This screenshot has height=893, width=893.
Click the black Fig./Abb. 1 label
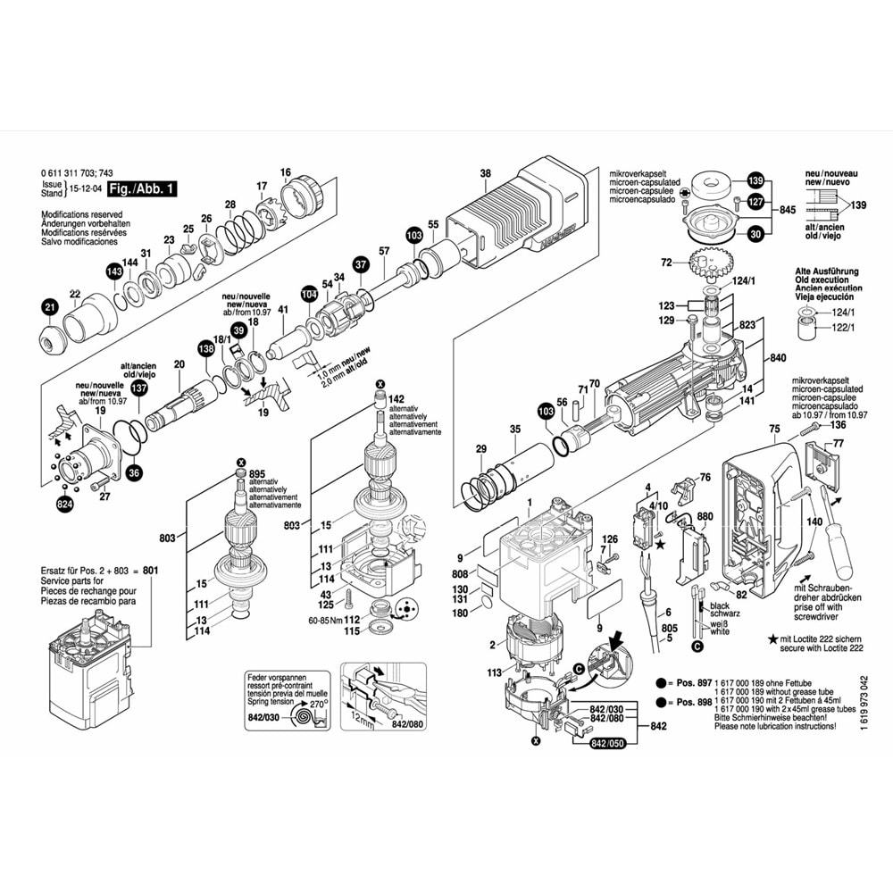pos(140,188)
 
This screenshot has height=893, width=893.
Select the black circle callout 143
pos(114,271)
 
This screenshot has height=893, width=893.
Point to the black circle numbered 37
pos(360,264)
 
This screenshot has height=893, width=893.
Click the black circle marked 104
pos(309,294)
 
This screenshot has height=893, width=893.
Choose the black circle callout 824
pos(64,505)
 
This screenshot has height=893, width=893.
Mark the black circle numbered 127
pos(755,202)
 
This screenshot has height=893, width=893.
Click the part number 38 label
pos(485,173)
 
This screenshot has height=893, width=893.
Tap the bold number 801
pos(150,569)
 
